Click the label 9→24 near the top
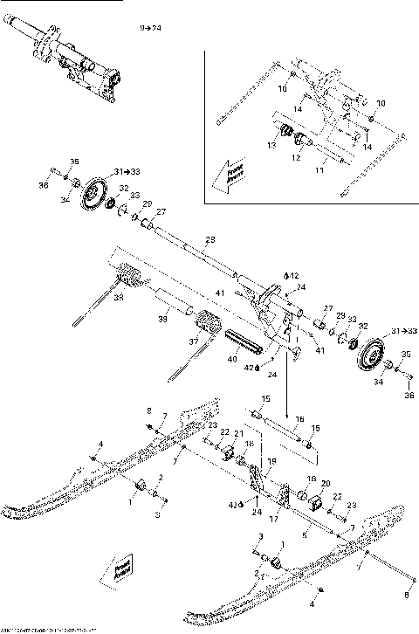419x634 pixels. pyautogui.click(x=151, y=28)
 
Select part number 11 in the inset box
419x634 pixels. pyautogui.click(x=319, y=172)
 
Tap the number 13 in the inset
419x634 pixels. pyautogui.click(x=271, y=146)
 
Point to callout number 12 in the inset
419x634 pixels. pyautogui.click(x=296, y=158)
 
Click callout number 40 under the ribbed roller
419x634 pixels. pyautogui.click(x=232, y=359)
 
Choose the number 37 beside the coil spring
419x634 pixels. pyautogui.click(x=193, y=341)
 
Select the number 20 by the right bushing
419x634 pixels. pyautogui.click(x=325, y=484)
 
